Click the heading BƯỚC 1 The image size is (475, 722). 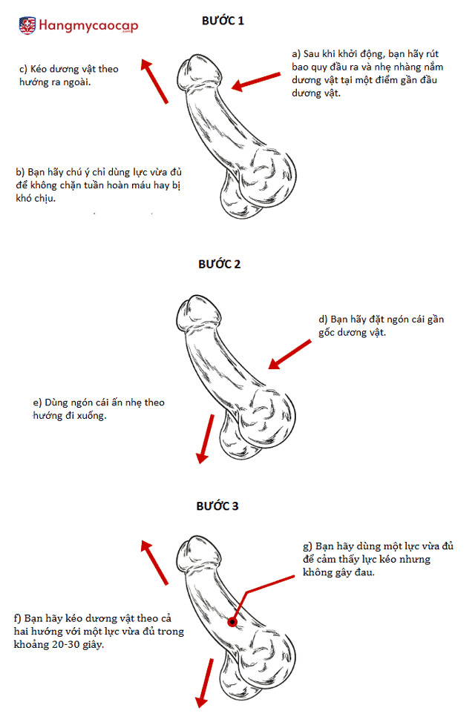223,21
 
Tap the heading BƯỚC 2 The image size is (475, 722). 220,265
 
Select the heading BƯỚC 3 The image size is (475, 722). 217,506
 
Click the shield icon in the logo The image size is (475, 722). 27,25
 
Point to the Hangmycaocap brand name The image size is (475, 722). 88,25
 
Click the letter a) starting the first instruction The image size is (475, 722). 296,54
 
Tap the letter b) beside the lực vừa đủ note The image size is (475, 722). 20,172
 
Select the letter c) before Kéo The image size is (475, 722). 23,69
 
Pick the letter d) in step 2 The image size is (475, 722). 323,319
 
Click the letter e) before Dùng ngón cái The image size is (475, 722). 37,403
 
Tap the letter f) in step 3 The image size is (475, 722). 18,618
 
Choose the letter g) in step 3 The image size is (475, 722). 307,546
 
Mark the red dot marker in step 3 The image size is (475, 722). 232,622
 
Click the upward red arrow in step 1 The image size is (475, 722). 154,82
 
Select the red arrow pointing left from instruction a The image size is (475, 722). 256,81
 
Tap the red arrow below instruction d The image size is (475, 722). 289,354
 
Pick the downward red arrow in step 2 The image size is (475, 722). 206,439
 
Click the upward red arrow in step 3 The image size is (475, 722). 154,563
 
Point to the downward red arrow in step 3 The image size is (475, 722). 205,683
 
